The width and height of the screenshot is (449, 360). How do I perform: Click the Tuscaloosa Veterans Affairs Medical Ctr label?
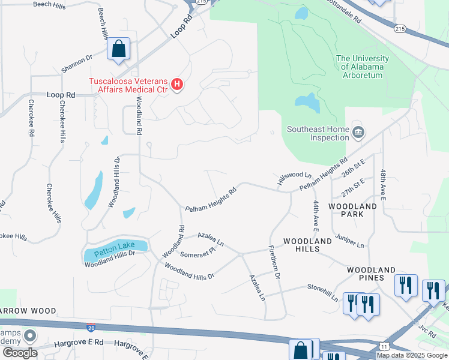[x=127, y=86]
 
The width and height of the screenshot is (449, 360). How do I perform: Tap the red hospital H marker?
[x=177, y=85]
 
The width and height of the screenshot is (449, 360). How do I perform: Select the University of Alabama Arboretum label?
[x=363, y=67]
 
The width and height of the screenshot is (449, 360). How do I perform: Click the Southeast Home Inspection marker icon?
[x=358, y=131]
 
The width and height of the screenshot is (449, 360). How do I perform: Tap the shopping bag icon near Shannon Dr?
[x=118, y=49]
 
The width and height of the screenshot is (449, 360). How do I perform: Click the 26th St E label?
[x=354, y=169]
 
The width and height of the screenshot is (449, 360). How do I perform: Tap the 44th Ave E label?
[x=315, y=216]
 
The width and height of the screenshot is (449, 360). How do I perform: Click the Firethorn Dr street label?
[x=274, y=262]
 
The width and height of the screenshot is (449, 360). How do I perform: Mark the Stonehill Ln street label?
[x=323, y=292]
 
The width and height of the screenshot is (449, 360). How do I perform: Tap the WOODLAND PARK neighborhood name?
[x=353, y=210]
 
